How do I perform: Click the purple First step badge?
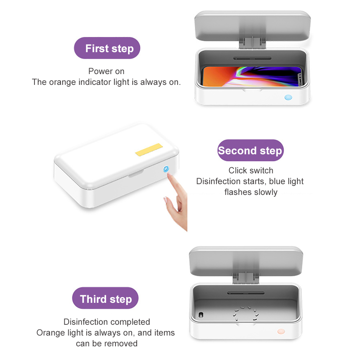[107, 48]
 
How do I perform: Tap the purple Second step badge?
[250, 150]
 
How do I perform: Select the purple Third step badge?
[105, 298]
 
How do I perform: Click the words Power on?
[106, 71]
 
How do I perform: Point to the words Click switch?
[251, 170]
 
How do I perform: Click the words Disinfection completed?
[107, 322]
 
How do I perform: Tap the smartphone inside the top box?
[252, 77]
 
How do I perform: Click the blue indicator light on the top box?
[288, 97]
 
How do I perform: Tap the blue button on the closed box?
[166, 169]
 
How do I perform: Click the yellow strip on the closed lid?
[149, 150]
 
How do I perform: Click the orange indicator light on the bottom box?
[281, 331]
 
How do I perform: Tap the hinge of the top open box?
[252, 43]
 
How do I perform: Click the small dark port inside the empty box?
[201, 315]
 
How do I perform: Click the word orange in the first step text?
[62, 82]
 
